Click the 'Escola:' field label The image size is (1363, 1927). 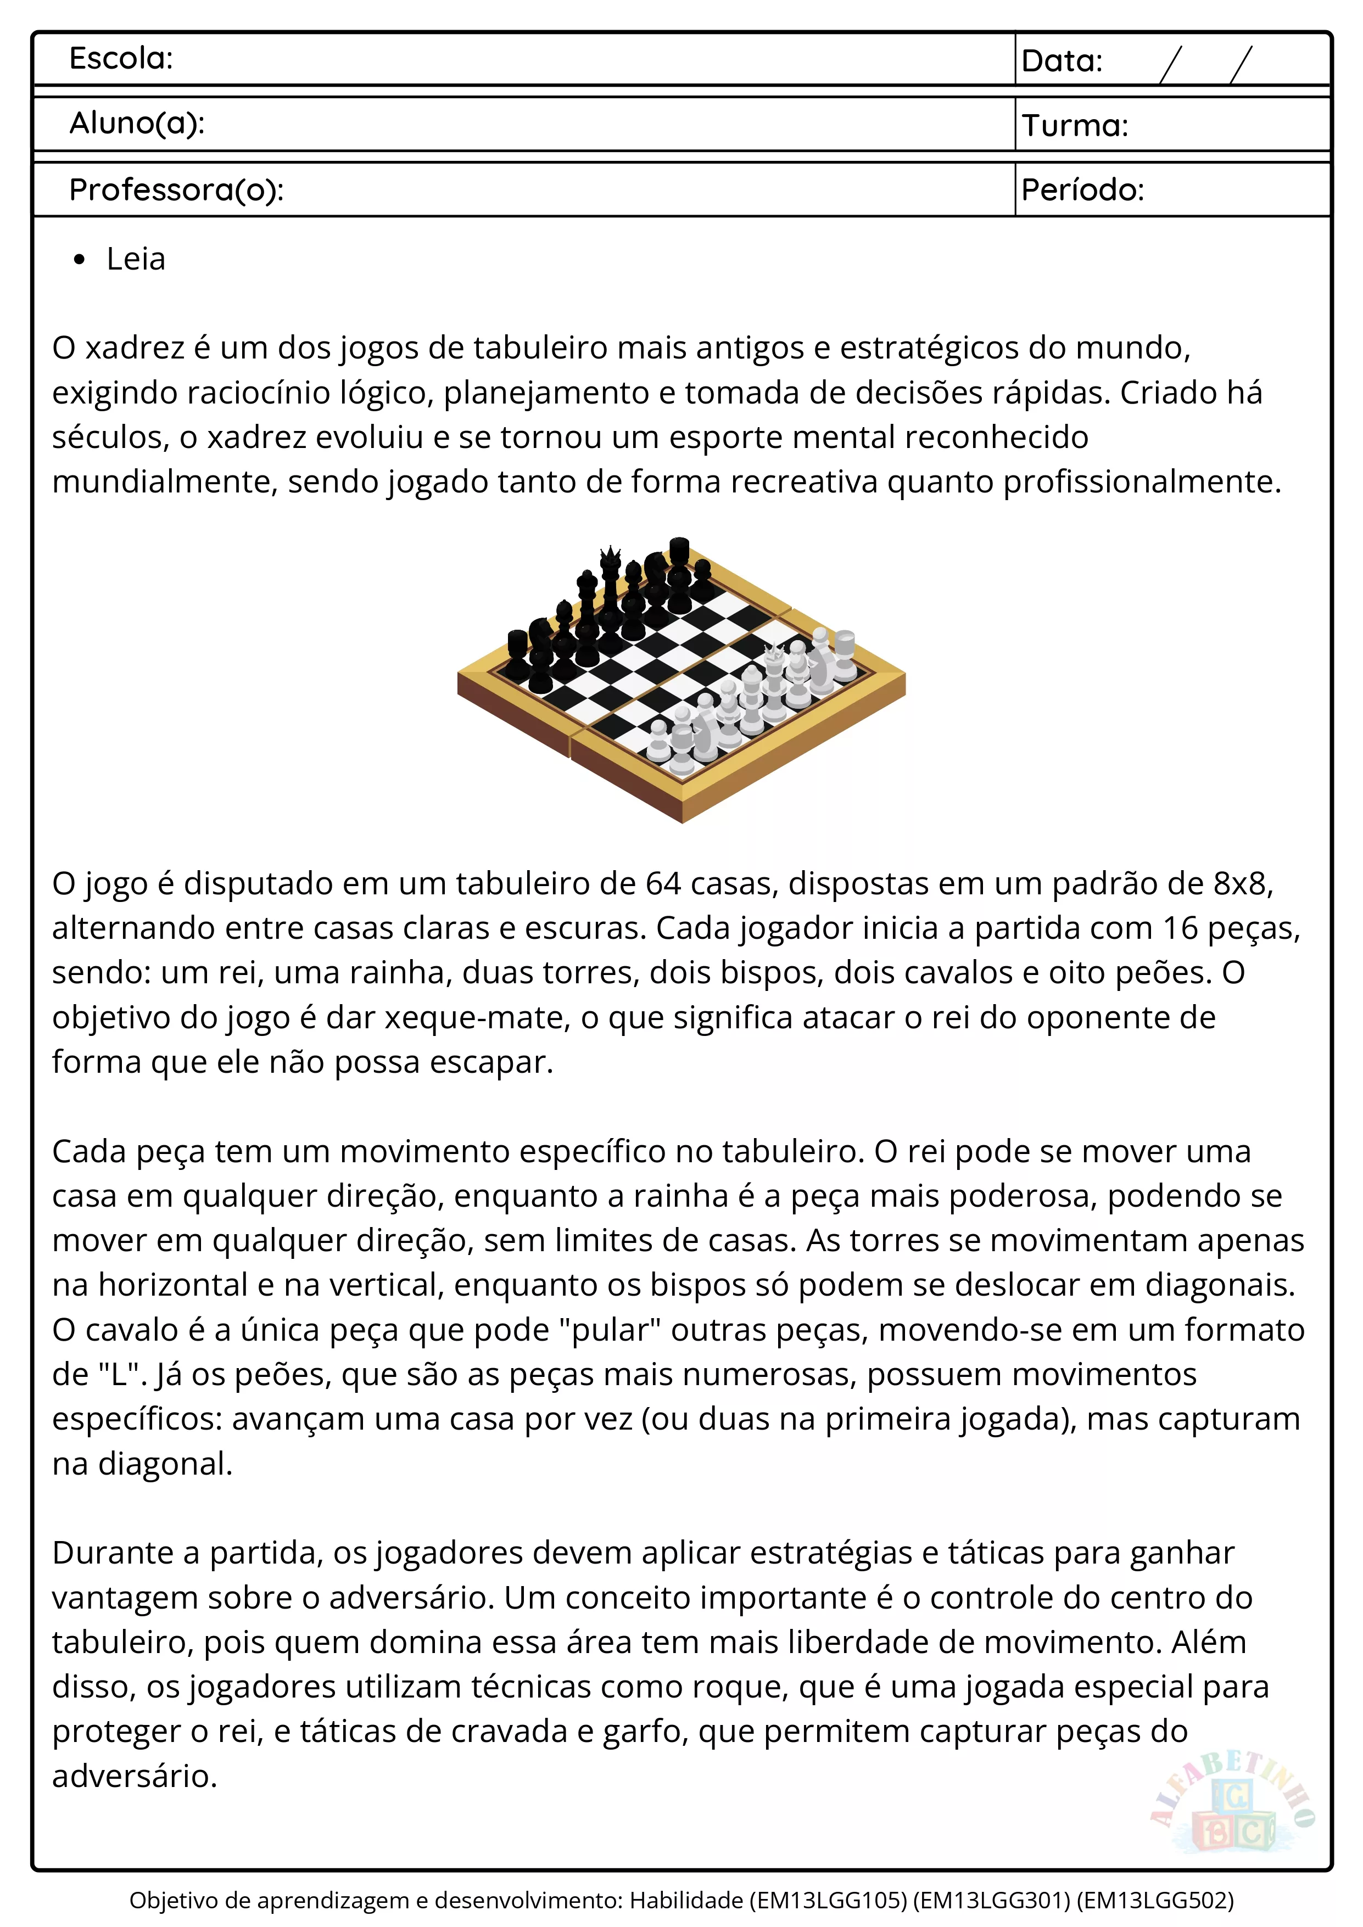[x=121, y=59]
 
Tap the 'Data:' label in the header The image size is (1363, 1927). [x=1062, y=61]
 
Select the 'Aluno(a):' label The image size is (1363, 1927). [x=137, y=124]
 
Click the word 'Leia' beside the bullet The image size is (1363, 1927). [x=136, y=259]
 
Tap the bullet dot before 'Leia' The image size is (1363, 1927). [x=80, y=260]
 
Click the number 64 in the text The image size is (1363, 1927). [x=663, y=884]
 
